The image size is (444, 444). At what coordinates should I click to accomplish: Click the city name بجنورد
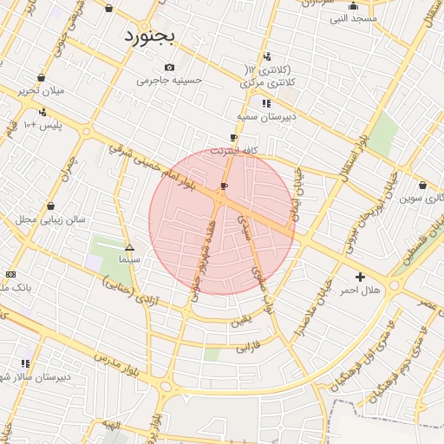[149, 36]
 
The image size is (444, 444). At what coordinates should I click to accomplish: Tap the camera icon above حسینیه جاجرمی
[169, 68]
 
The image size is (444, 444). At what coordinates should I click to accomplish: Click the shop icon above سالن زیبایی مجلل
[51, 206]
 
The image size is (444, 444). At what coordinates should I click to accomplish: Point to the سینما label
[129, 258]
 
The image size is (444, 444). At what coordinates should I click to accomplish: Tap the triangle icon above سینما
[129, 246]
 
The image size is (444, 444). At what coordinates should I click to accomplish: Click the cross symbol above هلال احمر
[360, 277]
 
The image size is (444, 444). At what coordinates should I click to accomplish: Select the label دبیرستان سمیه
[266, 116]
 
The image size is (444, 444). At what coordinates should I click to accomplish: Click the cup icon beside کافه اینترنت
[233, 138]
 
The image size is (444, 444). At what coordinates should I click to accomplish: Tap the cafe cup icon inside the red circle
[225, 186]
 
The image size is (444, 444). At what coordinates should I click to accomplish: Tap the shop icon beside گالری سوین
[422, 185]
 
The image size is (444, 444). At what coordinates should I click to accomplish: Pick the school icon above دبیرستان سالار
[25, 363]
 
